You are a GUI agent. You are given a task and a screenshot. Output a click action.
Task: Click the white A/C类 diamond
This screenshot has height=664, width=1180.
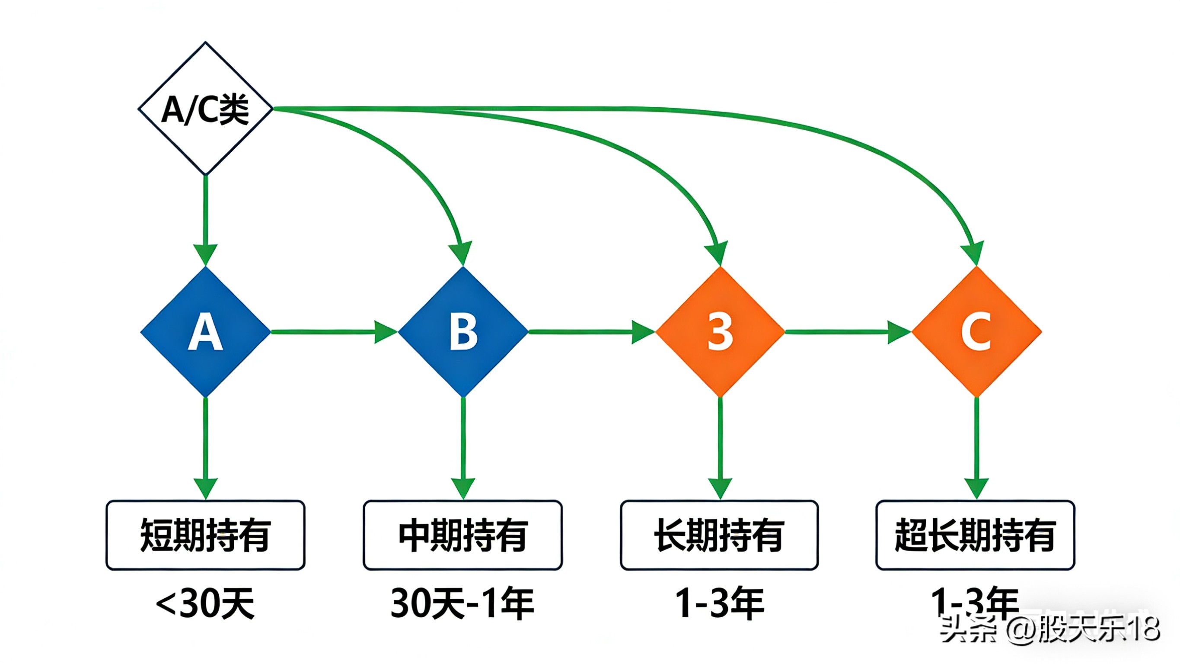click(x=205, y=109)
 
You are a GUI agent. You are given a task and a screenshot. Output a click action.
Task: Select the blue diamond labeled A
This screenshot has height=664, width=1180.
click(x=205, y=331)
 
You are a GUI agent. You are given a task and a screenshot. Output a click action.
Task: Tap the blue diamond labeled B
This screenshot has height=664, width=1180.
click(x=463, y=331)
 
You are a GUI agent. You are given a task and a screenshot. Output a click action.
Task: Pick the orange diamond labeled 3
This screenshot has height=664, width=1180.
click(x=720, y=331)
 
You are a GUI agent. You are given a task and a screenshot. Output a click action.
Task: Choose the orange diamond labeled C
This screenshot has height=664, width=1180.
click(x=976, y=331)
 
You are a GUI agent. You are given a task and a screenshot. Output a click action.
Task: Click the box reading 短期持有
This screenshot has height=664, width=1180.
click(x=205, y=535)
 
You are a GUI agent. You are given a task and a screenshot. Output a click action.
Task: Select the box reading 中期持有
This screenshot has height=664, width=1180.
click(x=462, y=535)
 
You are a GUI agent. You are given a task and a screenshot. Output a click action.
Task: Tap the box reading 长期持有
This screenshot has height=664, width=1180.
click(x=719, y=535)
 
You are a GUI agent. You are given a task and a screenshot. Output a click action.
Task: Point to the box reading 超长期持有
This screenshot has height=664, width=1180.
click(x=975, y=535)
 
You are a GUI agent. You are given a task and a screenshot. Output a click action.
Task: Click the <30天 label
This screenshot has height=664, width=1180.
click(x=205, y=603)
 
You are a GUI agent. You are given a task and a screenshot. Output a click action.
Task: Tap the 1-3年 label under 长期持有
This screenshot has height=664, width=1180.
click(x=720, y=603)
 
